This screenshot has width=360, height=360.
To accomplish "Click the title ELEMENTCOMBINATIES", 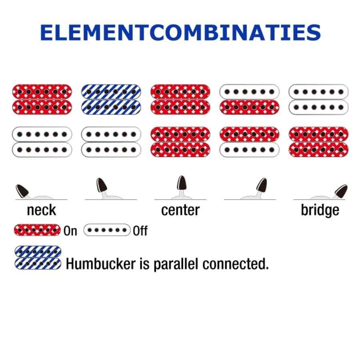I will click(180, 33).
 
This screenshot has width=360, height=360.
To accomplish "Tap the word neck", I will click(41, 210).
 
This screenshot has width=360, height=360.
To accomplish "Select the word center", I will click(180, 210).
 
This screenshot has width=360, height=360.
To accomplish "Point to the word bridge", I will click(320, 210).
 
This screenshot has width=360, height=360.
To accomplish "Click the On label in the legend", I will click(70, 231).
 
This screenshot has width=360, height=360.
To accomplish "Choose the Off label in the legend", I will click(140, 231).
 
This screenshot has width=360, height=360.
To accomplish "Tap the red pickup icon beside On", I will click(38, 230).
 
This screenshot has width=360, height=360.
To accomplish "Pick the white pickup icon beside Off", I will click(107, 230).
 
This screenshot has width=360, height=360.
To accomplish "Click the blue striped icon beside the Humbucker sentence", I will click(38, 258).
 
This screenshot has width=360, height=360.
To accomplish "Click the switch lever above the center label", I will click(181, 184).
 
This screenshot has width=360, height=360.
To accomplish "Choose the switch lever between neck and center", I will click(101, 186).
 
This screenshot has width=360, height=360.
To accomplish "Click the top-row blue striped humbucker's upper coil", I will click(111, 92).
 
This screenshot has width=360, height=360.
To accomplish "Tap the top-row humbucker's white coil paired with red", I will click(249, 92).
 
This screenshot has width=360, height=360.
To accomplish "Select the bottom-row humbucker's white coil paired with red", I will click(249, 150).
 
